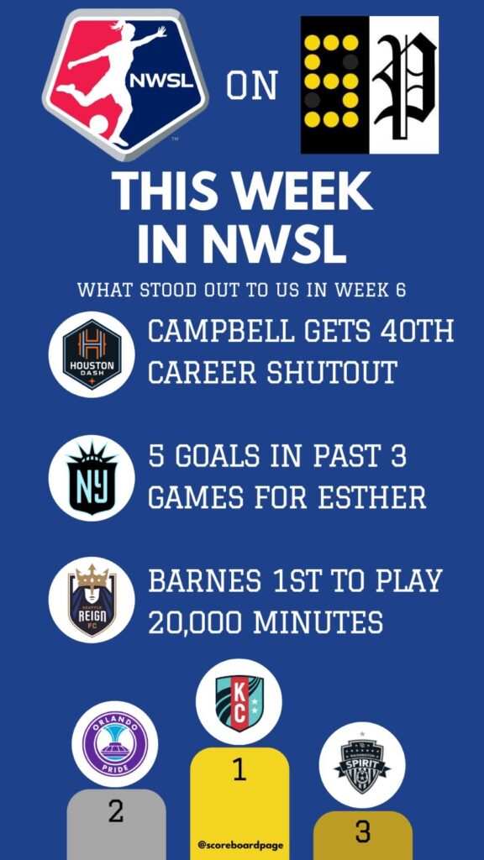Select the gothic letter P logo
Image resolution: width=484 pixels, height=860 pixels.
click(x=404, y=85)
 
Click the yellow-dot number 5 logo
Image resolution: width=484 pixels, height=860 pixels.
click(x=334, y=85)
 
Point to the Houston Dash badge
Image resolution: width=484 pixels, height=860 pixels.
click(x=92, y=354)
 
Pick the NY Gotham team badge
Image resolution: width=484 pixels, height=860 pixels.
click(x=92, y=478)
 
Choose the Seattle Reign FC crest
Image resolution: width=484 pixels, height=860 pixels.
click(x=92, y=600)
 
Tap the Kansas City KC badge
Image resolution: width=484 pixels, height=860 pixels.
click(x=239, y=703)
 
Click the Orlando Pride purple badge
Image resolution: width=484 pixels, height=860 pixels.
click(x=114, y=744)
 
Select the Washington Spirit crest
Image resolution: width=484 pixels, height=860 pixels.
click(x=362, y=765)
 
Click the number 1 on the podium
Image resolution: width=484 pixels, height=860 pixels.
click(x=239, y=771)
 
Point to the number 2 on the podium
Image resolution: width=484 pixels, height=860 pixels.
click(x=116, y=812)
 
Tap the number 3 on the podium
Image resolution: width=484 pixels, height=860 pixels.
click(x=362, y=832)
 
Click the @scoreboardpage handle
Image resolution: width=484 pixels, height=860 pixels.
click(x=240, y=845)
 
